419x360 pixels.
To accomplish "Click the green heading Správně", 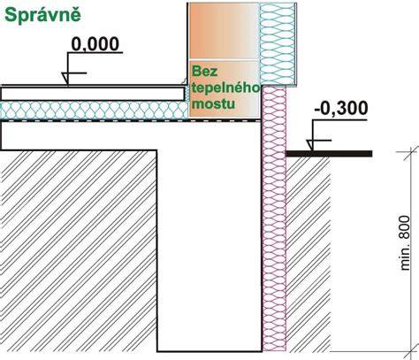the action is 42,15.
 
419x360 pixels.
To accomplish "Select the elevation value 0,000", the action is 95,44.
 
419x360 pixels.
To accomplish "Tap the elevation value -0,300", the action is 341,108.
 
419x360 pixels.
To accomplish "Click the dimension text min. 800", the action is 405,242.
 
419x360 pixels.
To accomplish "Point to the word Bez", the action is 204,71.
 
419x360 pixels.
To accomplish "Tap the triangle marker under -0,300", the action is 310,145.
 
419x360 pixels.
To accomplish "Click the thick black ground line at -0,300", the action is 329,154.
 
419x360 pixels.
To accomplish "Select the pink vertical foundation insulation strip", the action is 274,218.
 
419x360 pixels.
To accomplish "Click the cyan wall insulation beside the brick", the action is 278,44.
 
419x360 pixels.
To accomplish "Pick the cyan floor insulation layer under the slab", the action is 95,111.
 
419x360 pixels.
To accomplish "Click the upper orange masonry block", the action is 224,31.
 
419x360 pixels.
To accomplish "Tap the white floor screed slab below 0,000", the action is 93,94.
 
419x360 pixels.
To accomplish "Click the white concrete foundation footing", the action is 209,236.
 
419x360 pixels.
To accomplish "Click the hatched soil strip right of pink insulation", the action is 309,254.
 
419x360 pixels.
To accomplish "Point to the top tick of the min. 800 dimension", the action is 408,152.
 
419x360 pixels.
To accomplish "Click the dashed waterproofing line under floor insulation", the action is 131,121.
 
